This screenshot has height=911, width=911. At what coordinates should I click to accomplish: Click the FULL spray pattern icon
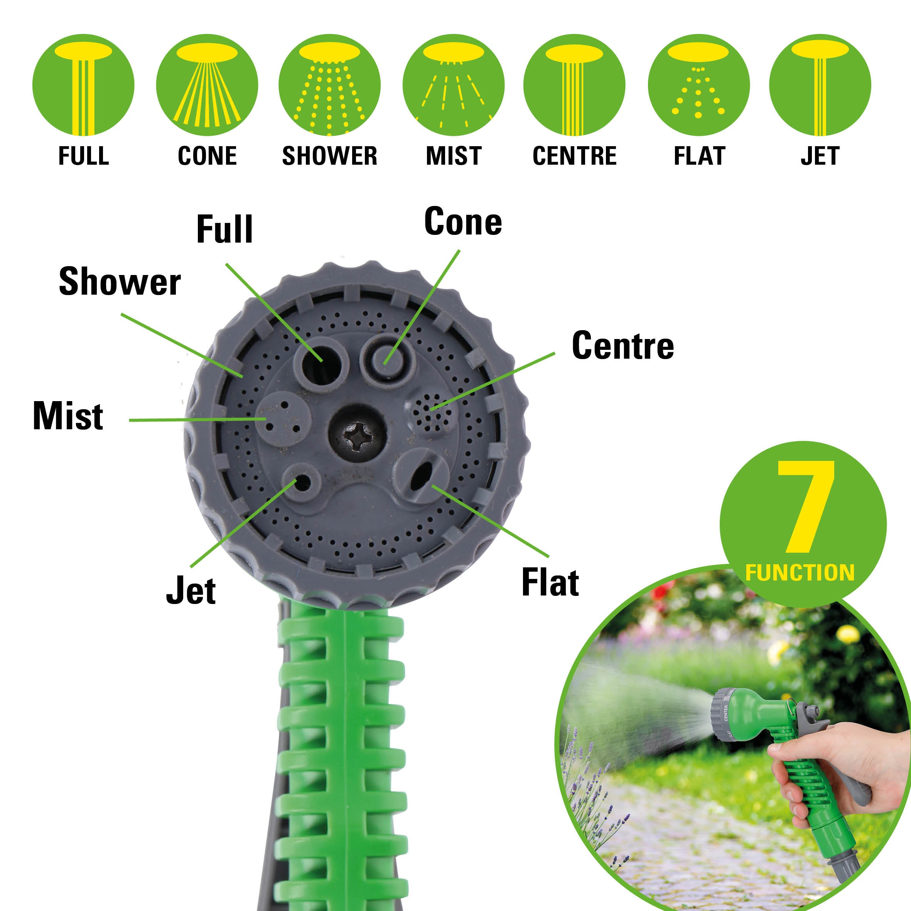(x=83, y=85)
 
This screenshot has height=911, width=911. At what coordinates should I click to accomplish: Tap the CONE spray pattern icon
(x=207, y=85)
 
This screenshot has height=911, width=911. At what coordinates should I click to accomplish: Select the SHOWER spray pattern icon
(x=330, y=85)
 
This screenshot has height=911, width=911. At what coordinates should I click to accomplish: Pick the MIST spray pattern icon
(x=454, y=85)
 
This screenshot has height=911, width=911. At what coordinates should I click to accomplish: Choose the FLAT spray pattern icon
(x=699, y=85)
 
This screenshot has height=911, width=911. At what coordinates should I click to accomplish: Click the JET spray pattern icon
(x=820, y=85)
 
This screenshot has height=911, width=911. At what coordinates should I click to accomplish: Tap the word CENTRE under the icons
(x=574, y=156)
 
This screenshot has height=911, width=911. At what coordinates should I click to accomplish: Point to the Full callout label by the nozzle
(x=224, y=229)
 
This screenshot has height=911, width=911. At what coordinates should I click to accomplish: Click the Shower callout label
(x=120, y=282)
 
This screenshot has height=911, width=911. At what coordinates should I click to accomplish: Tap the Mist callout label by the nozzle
(x=68, y=415)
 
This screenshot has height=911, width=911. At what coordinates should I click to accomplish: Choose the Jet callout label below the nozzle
(x=191, y=590)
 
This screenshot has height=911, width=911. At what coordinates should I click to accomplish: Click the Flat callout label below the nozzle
(x=550, y=582)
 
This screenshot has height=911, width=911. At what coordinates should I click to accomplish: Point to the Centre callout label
(x=623, y=345)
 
